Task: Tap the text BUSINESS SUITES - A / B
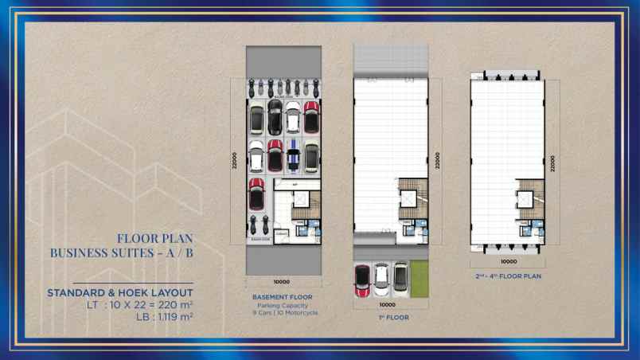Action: point(121,252)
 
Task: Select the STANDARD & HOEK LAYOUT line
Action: point(119,292)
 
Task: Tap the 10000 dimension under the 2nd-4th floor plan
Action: point(509,261)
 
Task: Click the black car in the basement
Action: point(275,116)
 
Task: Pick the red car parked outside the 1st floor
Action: point(362,280)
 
